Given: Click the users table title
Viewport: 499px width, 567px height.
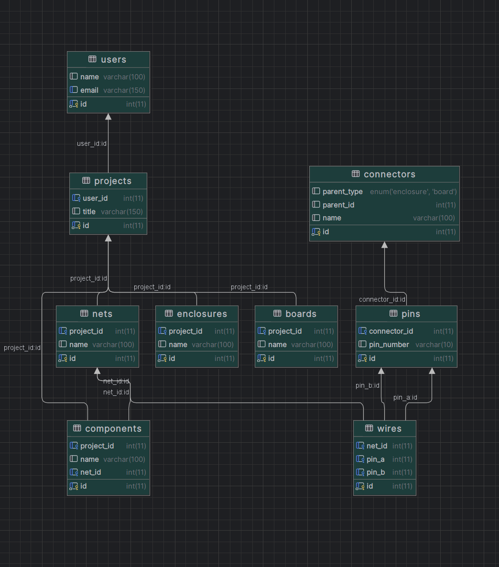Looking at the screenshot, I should (113, 60).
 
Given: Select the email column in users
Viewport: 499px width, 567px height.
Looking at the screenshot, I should (89, 90).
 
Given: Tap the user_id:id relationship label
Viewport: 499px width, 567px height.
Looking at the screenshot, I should (92, 143).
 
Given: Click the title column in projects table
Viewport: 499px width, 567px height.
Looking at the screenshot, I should (89, 211).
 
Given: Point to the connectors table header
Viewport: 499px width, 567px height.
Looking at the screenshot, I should (389, 174).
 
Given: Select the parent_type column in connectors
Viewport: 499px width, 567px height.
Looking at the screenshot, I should (342, 191).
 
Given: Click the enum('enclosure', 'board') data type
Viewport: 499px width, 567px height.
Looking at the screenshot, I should (413, 191).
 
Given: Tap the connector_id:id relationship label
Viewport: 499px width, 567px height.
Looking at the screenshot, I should (382, 300).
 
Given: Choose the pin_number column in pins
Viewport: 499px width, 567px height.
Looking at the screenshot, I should (389, 344).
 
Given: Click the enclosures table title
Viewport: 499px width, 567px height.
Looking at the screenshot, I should (202, 314).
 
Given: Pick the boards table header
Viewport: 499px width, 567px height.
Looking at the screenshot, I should (301, 314).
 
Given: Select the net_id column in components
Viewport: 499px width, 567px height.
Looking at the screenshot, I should (90, 472).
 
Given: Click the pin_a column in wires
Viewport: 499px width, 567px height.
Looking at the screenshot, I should (375, 459).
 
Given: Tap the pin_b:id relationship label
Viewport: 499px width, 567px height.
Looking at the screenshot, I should (367, 385).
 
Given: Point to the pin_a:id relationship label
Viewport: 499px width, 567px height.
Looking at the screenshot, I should (405, 397).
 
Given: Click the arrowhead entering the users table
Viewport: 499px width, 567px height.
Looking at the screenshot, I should (108, 117).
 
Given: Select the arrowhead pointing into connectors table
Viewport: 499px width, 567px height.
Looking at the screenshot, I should (384, 245).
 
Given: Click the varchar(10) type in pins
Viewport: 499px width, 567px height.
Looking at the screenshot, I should (434, 344).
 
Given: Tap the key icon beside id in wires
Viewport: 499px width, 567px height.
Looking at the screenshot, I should (360, 486).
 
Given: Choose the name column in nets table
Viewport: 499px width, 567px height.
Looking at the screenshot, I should (78, 344).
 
